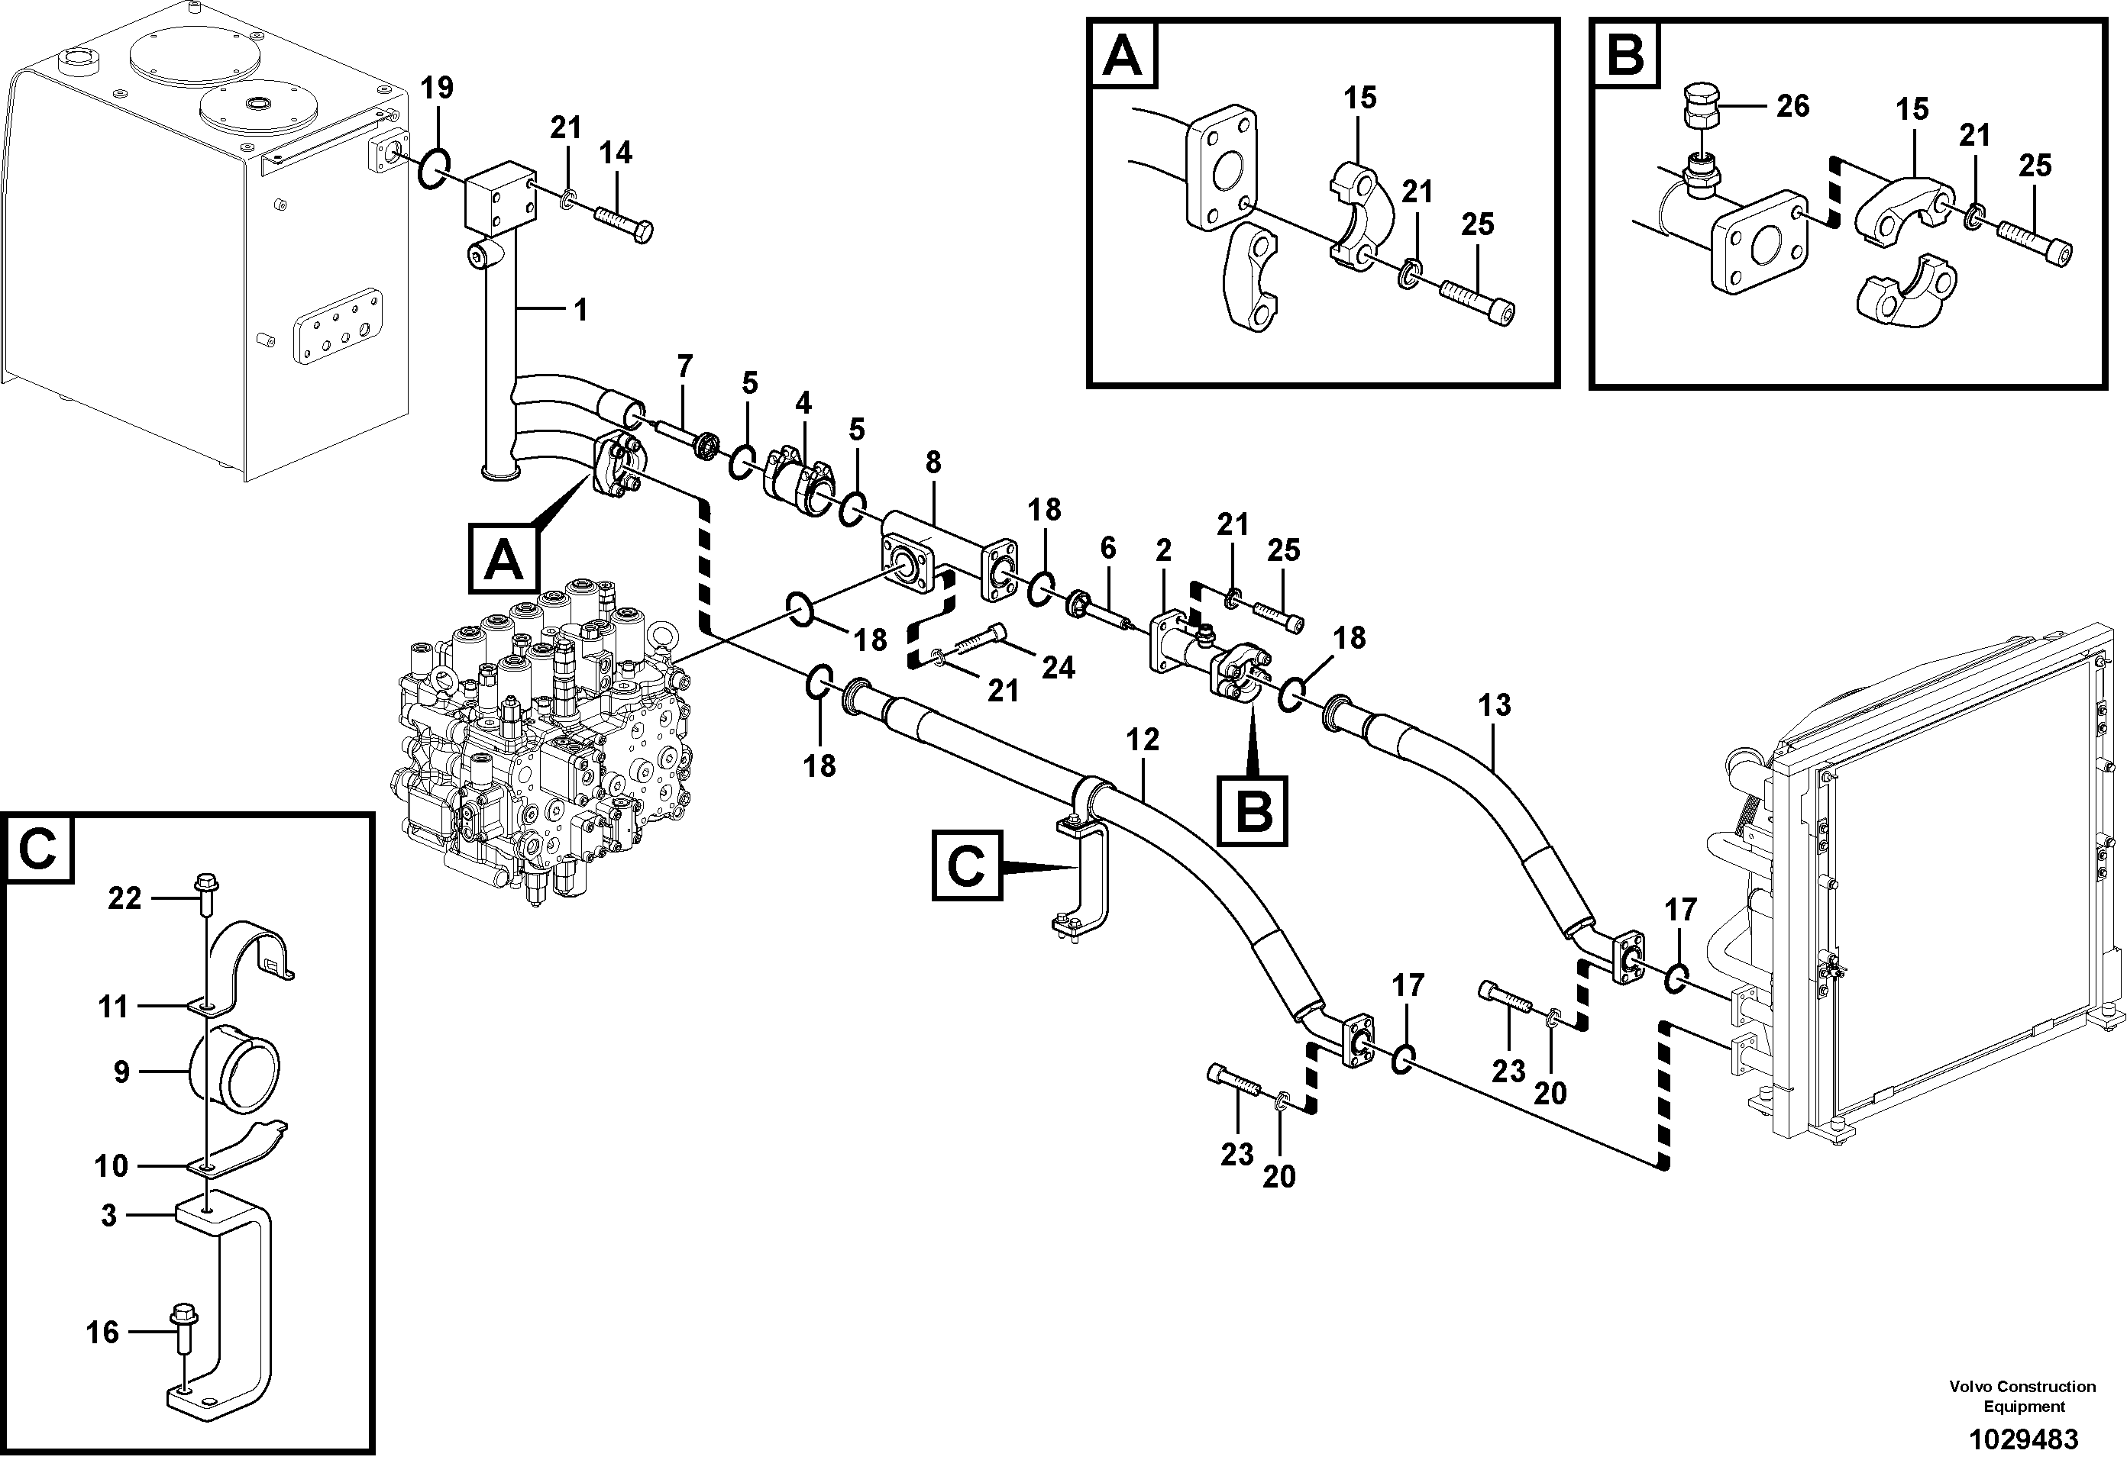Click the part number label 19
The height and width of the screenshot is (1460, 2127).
point(438,89)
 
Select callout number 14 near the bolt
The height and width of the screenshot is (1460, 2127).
point(615,153)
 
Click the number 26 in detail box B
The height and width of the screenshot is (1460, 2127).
point(1792,106)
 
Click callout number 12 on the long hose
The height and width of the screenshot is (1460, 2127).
point(1143,739)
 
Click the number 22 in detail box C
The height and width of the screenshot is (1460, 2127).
point(124,898)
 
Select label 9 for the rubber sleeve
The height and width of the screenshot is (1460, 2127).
point(121,1072)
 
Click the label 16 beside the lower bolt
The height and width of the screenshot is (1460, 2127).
point(102,1332)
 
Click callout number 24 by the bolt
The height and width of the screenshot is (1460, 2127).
point(1058,668)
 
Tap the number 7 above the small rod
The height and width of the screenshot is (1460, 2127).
point(684,366)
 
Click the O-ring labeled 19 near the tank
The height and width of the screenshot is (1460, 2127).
point(435,170)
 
